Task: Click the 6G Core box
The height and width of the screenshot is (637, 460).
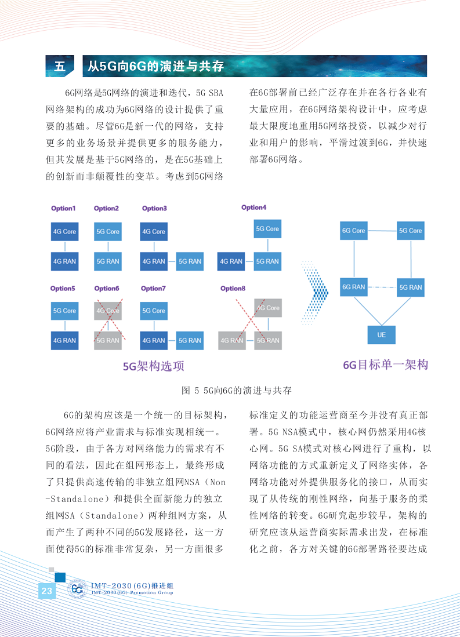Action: [x=353, y=231]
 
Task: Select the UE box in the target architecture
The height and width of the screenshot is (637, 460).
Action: [x=381, y=335]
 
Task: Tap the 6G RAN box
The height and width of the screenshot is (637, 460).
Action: [x=353, y=287]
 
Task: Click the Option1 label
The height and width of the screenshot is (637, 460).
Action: [x=63, y=209]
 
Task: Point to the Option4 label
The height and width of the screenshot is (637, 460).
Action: [x=253, y=208]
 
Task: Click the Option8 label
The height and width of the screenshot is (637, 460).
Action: [x=233, y=288]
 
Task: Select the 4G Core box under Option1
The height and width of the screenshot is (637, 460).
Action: [x=64, y=231]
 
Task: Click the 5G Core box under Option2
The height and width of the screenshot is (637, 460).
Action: [x=107, y=231]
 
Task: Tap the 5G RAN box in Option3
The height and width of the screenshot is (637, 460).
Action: [x=190, y=261]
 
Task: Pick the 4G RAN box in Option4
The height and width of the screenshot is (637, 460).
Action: [x=231, y=261]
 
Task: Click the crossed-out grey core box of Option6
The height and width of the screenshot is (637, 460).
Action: [x=107, y=311]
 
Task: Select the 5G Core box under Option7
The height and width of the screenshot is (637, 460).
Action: [x=154, y=311]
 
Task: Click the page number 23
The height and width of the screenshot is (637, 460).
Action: [x=46, y=591]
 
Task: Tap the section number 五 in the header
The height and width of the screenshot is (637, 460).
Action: [x=60, y=66]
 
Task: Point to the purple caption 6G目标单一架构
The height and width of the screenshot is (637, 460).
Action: [x=385, y=365]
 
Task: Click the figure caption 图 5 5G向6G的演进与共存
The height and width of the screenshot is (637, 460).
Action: [x=236, y=390]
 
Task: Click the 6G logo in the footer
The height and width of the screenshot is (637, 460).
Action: [x=78, y=589]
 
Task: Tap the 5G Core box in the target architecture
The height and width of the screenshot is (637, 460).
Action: [x=410, y=231]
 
